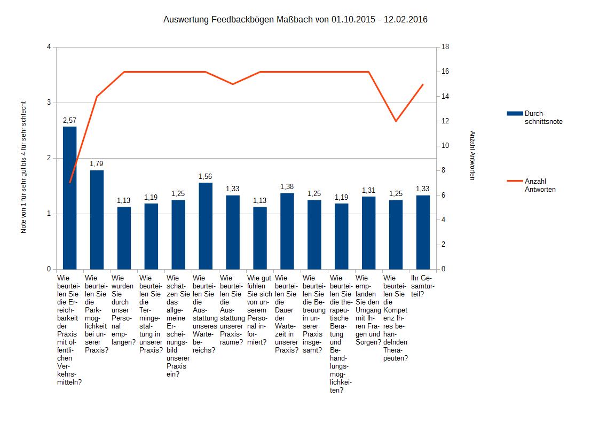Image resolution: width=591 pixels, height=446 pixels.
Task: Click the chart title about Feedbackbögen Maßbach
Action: coord(295,20)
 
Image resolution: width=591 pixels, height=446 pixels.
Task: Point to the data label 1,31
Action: coord(369,190)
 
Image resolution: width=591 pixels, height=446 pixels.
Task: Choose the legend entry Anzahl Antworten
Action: coord(540,185)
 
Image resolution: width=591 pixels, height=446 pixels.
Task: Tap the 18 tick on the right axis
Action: coord(445,47)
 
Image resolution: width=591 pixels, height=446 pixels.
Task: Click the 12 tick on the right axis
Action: coord(445,121)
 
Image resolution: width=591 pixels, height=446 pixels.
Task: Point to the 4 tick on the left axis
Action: coord(49,47)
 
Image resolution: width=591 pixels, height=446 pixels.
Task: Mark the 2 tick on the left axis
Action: coord(49,158)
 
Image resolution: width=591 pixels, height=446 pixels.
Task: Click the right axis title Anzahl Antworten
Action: coord(472,155)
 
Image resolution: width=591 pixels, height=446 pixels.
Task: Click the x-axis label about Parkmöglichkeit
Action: coord(97,314)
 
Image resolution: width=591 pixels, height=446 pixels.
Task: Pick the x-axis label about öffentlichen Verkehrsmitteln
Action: coord(70,330)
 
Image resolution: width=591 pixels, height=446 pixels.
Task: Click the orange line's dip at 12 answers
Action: coord(396,121)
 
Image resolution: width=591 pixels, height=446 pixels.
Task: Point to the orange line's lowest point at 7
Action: coord(70,183)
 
